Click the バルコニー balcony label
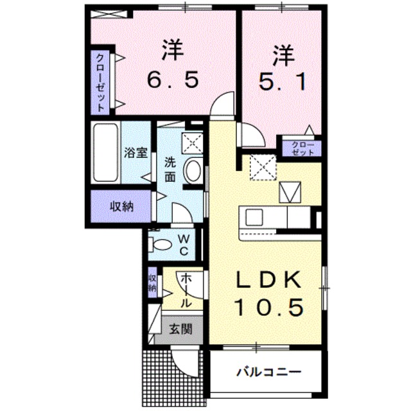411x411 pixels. click(x=268, y=372)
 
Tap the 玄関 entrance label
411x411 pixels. click(x=180, y=329)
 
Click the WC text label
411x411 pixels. click(x=183, y=243)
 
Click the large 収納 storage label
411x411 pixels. click(x=120, y=207)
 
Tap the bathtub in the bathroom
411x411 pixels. click(x=105, y=152)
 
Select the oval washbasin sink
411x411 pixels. click(x=192, y=170)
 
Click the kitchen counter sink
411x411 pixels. click(x=251, y=217)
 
